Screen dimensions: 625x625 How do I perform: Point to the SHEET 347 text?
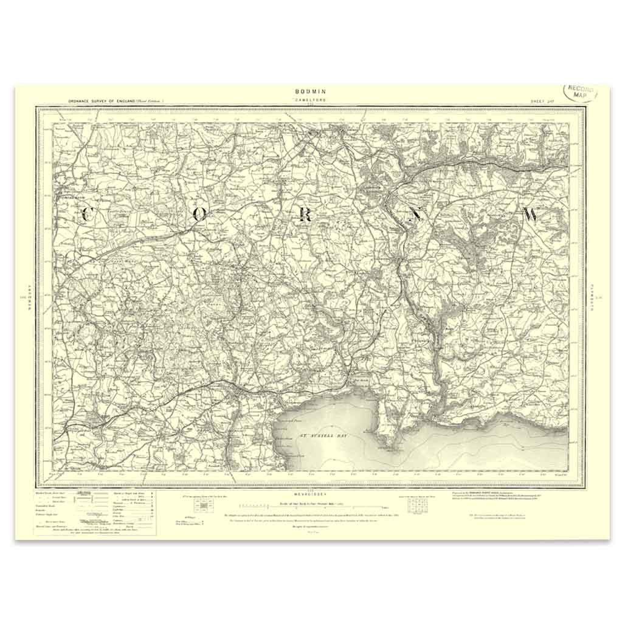[x=542, y=102]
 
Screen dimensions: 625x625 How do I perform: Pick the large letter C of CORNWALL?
[x=85, y=214]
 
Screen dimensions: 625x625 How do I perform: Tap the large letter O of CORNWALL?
[x=200, y=215]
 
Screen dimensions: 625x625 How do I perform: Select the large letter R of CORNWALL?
[x=306, y=215]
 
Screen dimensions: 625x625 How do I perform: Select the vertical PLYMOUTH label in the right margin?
[x=595, y=297]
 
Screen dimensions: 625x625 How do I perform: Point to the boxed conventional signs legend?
[x=94, y=512]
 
